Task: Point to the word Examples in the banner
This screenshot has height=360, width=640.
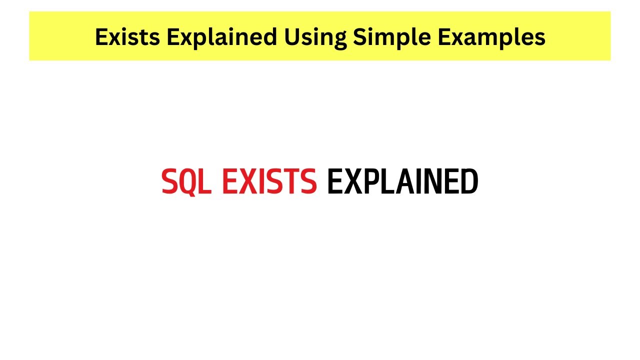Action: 490,37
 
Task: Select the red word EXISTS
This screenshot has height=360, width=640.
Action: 269,182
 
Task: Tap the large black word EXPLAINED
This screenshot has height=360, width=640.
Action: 402,182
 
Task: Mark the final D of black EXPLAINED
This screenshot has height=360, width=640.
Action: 469,182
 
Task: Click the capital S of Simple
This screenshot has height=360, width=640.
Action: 359,37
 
